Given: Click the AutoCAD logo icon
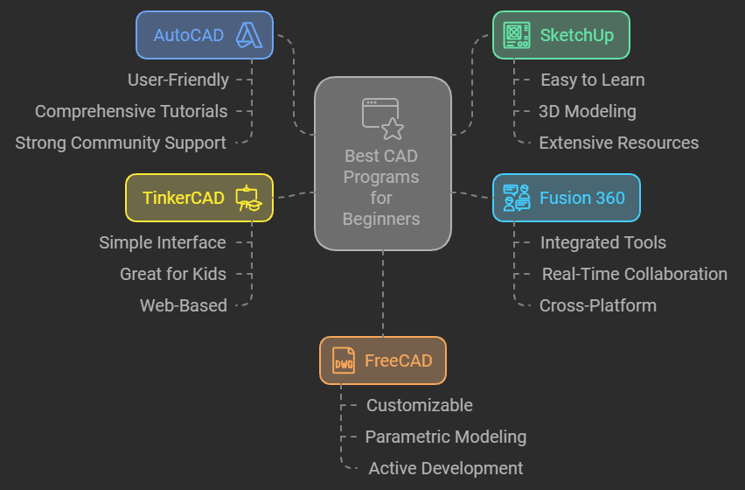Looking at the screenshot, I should (x=249, y=35).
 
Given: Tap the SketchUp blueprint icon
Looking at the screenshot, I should (x=517, y=35).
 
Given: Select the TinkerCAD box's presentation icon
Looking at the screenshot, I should (x=249, y=198).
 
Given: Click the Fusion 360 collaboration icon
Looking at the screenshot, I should (x=517, y=198).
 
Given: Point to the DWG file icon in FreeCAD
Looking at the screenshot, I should (x=344, y=360).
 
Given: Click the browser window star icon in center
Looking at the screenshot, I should (x=382, y=119).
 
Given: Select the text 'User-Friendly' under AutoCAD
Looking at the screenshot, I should (x=178, y=80).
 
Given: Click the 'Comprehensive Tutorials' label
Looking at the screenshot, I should (x=131, y=111).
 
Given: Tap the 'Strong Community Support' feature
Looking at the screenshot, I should (x=121, y=143).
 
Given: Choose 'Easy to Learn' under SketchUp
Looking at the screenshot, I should (x=592, y=80).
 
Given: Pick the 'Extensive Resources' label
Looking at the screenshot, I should (x=618, y=143).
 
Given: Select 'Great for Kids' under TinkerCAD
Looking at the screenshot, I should (x=173, y=274).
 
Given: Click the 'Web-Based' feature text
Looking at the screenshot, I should (x=184, y=305).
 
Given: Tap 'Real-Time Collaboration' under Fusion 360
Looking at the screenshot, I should (x=634, y=274).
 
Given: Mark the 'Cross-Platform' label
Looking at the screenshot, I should (x=597, y=305).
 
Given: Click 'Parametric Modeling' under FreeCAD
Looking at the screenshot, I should (x=445, y=437).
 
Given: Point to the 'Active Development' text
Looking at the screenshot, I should (x=445, y=468).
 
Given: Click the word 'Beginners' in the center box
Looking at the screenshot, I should (x=381, y=219).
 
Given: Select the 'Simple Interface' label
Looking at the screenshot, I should (x=163, y=242).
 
